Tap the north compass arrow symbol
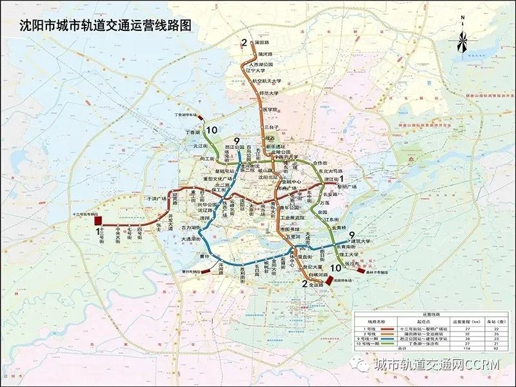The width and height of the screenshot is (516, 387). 462,39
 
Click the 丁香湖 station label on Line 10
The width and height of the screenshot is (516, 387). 192,132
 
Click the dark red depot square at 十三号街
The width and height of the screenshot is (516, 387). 99,220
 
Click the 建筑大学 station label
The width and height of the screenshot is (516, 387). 364,242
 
